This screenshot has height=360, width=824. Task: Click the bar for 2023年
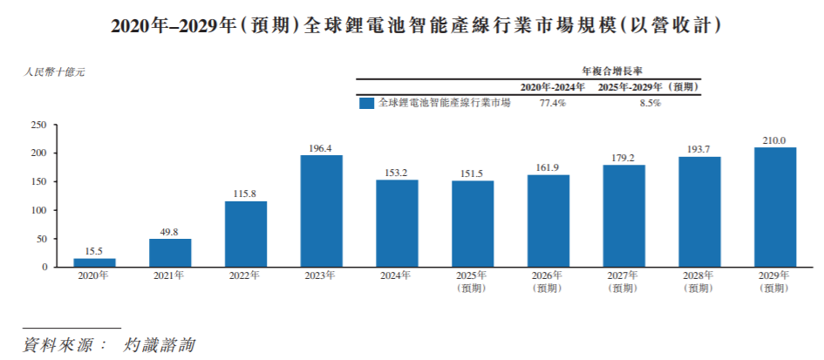coord(321,211)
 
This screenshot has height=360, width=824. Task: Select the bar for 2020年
coord(94,262)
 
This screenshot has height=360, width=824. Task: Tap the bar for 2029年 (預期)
coord(774,207)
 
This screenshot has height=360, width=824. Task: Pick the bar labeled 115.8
coord(245,234)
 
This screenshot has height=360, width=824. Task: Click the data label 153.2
coord(397,173)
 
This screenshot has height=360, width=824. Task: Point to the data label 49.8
coord(169,232)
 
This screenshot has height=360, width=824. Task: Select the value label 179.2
coord(623,158)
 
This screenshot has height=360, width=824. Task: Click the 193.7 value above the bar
coord(699,149)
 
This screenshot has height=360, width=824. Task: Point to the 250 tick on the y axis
coord(37,126)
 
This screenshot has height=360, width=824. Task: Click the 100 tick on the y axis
coord(37,210)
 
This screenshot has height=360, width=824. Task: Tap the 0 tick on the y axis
coord(43,267)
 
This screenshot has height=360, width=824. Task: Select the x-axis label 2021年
coord(169,275)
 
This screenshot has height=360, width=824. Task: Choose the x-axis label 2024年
coord(396,275)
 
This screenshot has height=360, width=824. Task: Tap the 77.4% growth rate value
coord(552,103)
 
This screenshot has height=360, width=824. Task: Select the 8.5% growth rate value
coord(650,103)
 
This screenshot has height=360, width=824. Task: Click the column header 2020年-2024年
coord(552,87)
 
